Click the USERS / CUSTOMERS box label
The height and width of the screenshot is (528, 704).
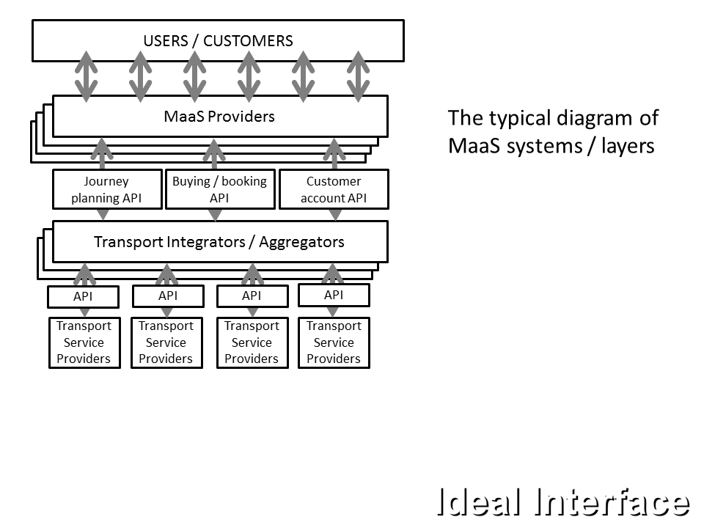tap(219, 41)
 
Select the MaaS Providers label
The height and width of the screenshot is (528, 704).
tap(219, 117)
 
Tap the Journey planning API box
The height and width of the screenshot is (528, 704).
tap(106, 189)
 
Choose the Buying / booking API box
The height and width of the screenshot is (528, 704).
tap(219, 189)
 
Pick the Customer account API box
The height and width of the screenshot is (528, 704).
tap(334, 189)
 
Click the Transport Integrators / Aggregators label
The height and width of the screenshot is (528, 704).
tap(219, 242)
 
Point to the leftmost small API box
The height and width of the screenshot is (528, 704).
tap(83, 297)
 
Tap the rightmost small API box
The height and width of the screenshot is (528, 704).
tap(334, 295)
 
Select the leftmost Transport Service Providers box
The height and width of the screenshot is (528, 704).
tap(84, 342)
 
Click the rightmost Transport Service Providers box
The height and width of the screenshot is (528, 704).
tap(334, 342)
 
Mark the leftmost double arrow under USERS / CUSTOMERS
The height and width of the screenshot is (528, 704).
tap(87, 76)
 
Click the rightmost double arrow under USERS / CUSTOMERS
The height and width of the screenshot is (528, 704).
tap(358, 76)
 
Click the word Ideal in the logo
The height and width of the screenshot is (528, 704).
tap(480, 503)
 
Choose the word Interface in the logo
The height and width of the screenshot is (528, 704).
tap(613, 503)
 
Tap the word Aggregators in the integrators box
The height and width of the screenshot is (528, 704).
tap(301, 242)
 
